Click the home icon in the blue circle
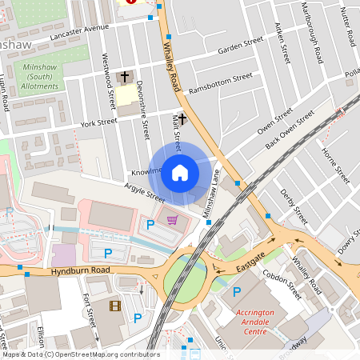(x=180, y=172)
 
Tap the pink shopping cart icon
(x=172, y=220)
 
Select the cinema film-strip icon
(x=114, y=306)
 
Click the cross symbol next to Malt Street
(x=182, y=119)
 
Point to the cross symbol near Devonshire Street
(x=124, y=78)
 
